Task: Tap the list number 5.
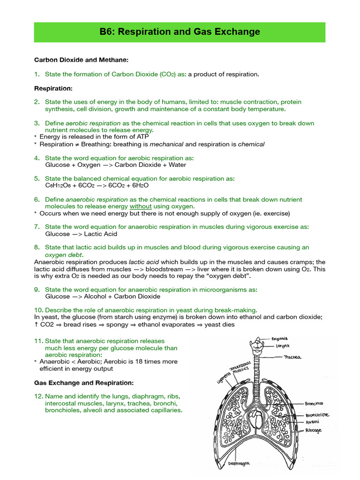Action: [x=37, y=179]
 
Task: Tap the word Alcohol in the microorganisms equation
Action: [x=96, y=296]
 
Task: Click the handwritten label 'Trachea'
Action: [x=292, y=357]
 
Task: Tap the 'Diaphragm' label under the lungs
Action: [x=239, y=464]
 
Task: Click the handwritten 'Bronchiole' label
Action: [x=317, y=414]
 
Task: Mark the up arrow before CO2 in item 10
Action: [x=37, y=324]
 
